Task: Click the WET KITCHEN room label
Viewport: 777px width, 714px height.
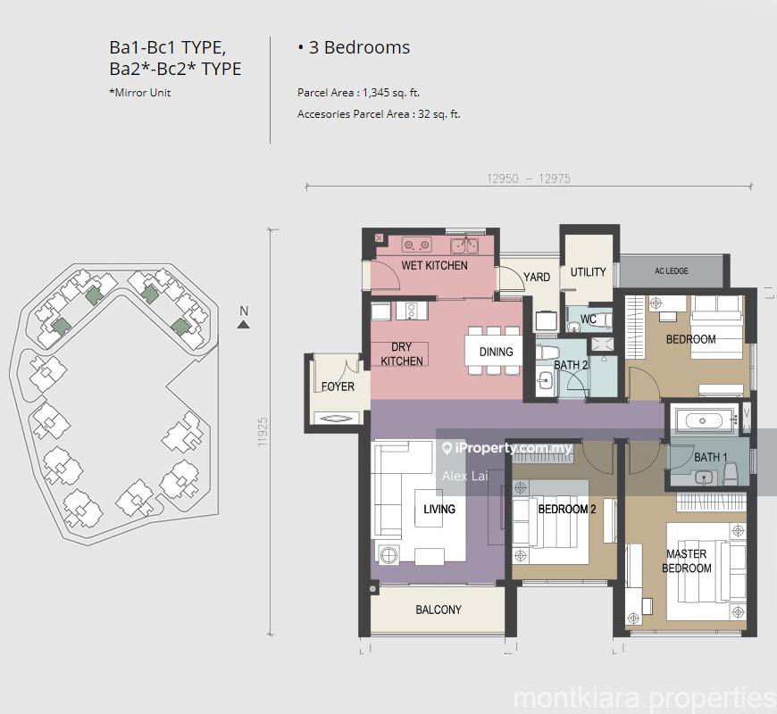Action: [434, 265]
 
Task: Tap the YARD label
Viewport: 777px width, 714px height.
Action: [537, 277]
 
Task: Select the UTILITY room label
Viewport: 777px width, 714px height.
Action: [589, 272]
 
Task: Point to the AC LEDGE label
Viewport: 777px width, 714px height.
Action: [672, 270]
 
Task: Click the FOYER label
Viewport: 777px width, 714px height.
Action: [338, 386]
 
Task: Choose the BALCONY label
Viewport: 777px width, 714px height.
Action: [439, 610]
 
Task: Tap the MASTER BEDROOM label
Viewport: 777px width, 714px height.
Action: [686, 561]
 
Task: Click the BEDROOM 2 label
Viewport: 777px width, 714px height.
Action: [567, 509]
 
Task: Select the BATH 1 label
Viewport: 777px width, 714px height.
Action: [711, 457]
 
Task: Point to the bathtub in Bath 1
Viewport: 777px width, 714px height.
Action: [703, 421]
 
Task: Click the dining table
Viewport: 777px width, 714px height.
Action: [494, 351]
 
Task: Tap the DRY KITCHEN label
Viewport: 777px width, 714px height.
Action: [401, 354]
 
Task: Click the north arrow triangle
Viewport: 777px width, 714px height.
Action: [243, 324]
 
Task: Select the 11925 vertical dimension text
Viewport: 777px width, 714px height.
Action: [263, 432]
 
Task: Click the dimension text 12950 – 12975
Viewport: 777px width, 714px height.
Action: [528, 178]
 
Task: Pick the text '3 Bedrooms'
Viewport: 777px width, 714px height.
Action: [359, 47]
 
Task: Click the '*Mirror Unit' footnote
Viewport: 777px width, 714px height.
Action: [139, 93]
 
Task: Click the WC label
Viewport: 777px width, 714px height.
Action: [589, 320]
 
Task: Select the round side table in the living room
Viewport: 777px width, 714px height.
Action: [389, 554]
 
